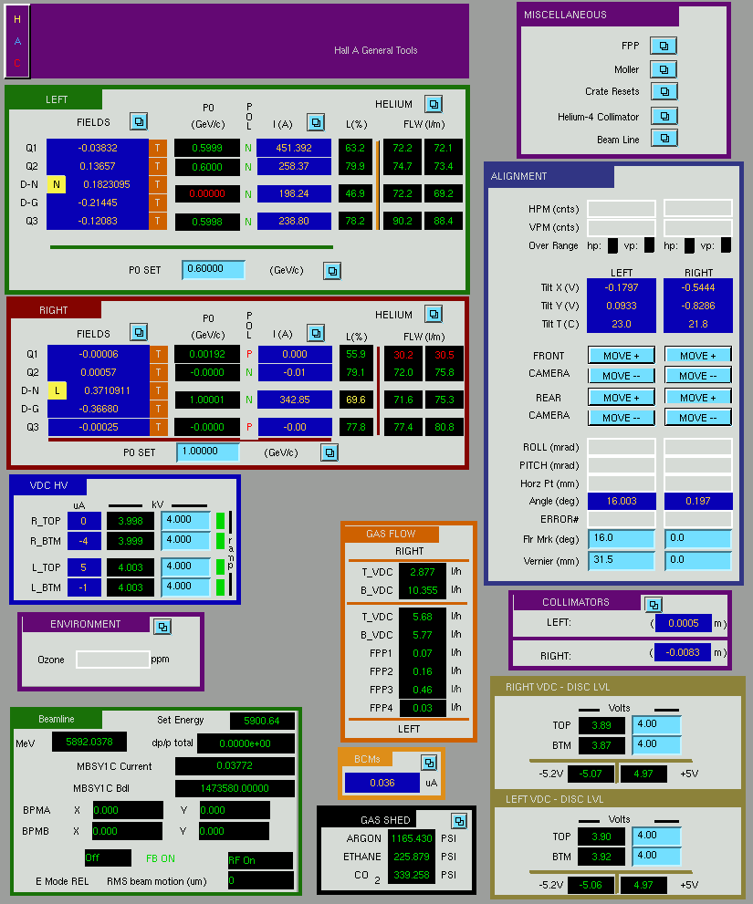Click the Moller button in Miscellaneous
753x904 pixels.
click(x=664, y=69)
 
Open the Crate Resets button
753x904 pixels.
click(x=664, y=91)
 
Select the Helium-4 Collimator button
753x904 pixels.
click(x=664, y=116)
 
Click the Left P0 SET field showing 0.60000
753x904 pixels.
click(x=214, y=269)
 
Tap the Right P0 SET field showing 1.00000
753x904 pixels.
click(x=208, y=452)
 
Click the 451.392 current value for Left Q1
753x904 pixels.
click(x=294, y=148)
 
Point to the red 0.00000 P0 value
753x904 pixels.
click(x=207, y=193)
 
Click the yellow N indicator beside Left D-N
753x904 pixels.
click(x=56, y=184)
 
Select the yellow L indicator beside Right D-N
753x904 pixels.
click(x=57, y=390)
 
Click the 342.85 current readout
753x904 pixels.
click(x=295, y=400)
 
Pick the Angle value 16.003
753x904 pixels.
click(x=622, y=501)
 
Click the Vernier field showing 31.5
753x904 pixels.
click(x=622, y=560)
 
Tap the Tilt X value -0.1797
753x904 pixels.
click(x=622, y=287)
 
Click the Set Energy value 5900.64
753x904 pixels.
click(x=262, y=721)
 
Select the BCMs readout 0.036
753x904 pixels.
click(x=382, y=783)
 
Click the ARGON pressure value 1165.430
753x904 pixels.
click(x=412, y=838)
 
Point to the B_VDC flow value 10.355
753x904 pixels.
click(x=423, y=590)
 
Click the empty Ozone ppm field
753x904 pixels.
click(x=113, y=660)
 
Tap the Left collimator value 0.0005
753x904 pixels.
click(x=684, y=623)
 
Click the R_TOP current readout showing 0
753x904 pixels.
click(x=84, y=521)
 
